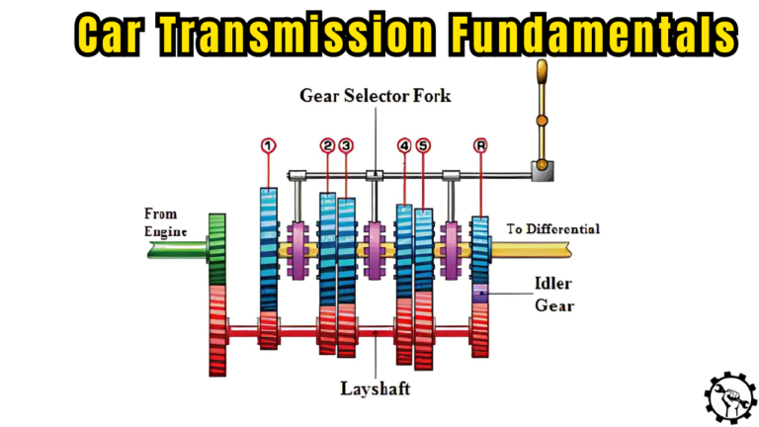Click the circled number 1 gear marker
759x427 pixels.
click(x=267, y=146)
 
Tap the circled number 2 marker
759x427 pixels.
click(x=327, y=146)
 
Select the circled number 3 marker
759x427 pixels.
click(x=346, y=146)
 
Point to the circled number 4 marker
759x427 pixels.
click(x=404, y=146)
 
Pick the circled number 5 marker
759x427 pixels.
click(x=423, y=146)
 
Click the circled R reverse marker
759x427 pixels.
click(x=480, y=146)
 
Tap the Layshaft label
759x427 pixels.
click(x=377, y=389)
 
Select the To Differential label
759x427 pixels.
click(x=553, y=228)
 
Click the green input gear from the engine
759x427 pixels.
click(x=217, y=247)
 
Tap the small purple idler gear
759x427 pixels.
click(x=480, y=294)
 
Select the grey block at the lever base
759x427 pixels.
click(x=542, y=172)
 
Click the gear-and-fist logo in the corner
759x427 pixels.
click(x=729, y=396)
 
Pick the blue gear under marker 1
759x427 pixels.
click(x=268, y=247)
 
